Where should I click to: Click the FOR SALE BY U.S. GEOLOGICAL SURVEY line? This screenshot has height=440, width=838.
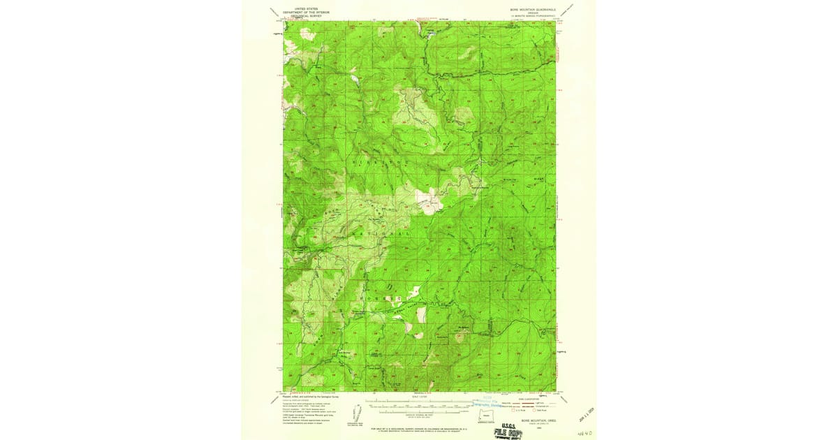click(419, 426)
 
